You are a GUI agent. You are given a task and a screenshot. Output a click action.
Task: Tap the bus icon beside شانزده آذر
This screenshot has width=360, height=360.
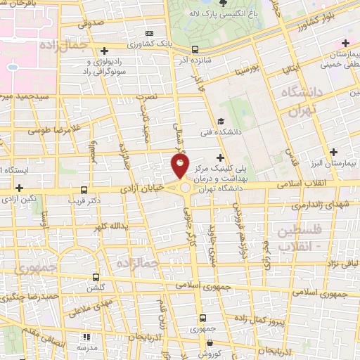pyautogui.click(x=195, y=50)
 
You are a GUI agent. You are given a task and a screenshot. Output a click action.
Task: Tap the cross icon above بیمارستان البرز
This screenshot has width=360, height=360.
pyautogui.click(x=333, y=152)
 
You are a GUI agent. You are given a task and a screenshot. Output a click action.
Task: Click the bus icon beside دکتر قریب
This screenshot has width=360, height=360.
pyautogui.click(x=84, y=190)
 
